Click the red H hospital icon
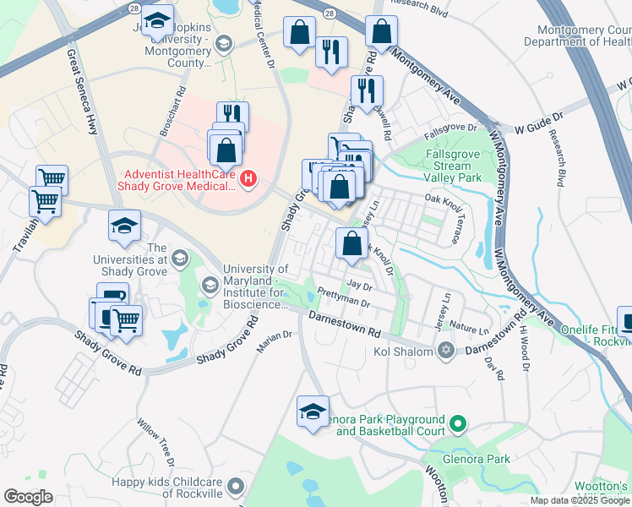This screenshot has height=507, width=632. (248, 178)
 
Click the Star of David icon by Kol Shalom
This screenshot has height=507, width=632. (445, 351)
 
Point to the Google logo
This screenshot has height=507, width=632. (27, 497)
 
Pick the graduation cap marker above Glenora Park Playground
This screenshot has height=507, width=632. (313, 412)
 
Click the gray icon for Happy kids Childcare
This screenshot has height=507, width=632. (236, 487)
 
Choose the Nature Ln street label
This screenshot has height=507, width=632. (471, 330)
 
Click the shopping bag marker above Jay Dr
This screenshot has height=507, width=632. (351, 244)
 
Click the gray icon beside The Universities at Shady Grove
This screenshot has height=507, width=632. (179, 258)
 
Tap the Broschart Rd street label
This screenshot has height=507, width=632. (172, 115)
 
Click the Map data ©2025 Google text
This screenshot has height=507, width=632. (580, 500)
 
